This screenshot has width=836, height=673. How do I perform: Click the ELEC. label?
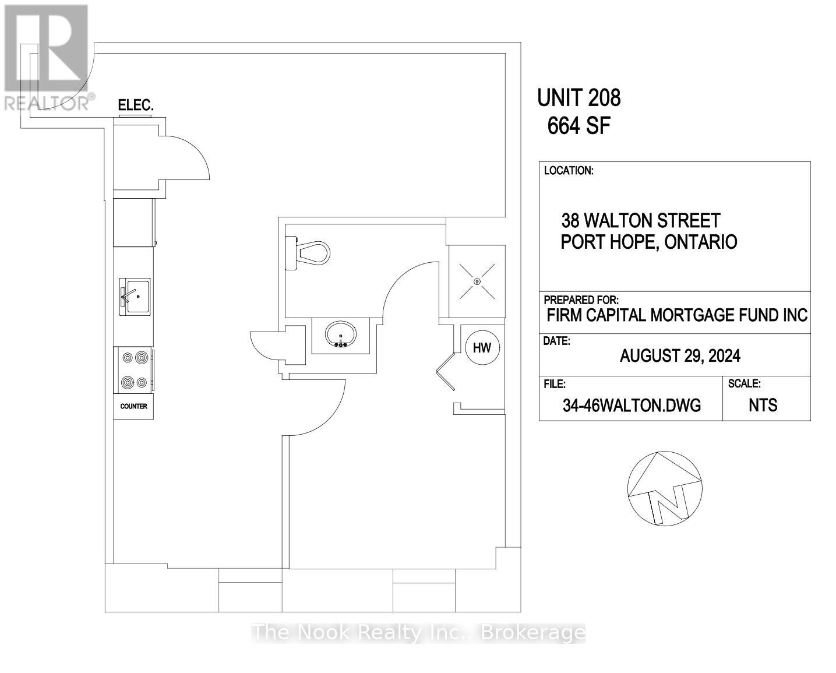[x=136, y=105]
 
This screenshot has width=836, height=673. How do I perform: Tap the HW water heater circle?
[x=482, y=348]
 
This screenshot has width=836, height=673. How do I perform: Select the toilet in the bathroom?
[x=307, y=252]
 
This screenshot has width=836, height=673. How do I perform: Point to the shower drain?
[x=477, y=281]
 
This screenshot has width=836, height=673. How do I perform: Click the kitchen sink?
[x=135, y=297]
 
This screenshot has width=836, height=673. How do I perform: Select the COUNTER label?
[x=133, y=407]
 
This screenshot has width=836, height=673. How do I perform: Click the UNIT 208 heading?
[x=579, y=97]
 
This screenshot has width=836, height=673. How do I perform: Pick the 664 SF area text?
[x=579, y=126]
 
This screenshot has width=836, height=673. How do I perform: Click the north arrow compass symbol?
[x=665, y=488]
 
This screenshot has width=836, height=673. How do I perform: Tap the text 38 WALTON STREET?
[x=641, y=221]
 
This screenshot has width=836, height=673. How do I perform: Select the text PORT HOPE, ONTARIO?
[x=649, y=242]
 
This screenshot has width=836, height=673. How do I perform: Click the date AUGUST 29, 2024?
[x=680, y=356]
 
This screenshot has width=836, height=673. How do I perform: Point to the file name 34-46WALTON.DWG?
[x=632, y=406]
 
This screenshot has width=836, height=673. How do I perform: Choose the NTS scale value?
[x=763, y=406]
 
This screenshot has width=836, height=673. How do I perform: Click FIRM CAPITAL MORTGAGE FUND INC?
[x=677, y=315]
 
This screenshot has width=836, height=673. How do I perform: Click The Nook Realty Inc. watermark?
[x=418, y=633]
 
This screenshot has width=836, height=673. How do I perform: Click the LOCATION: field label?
[x=569, y=171]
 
